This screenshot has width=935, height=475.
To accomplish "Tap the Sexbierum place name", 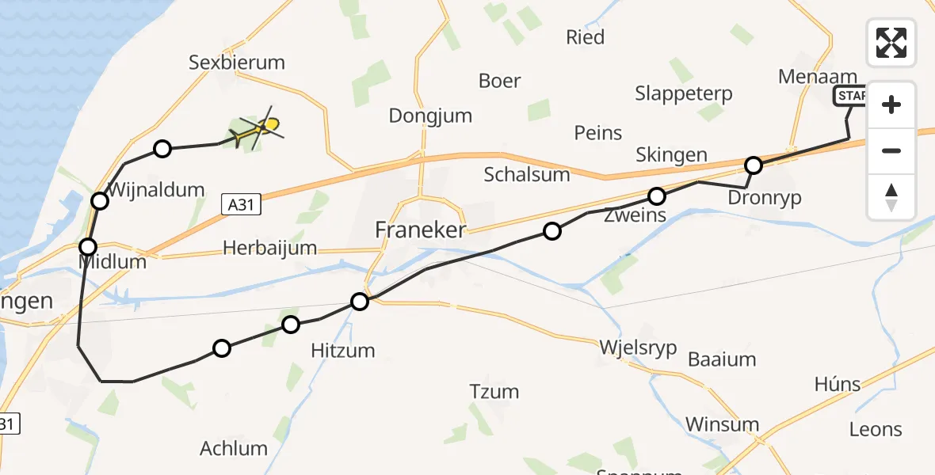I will pyautogui.click(x=236, y=62).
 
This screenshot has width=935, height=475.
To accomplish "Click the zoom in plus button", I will pyautogui.click(x=891, y=105).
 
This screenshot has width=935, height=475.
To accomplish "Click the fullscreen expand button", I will pyautogui.click(x=891, y=43).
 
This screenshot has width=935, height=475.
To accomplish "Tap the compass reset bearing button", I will pyautogui.click(x=891, y=196).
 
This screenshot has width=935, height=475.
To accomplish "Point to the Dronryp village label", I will pyautogui.click(x=765, y=197).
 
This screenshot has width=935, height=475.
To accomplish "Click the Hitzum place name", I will pyautogui.click(x=344, y=350).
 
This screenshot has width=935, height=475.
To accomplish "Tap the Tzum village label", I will pyautogui.click(x=494, y=391).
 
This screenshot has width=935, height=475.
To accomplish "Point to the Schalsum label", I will pyautogui.click(x=528, y=175).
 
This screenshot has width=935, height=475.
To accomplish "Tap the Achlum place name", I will pyautogui.click(x=234, y=448).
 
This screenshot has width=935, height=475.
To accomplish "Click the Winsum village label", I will pyautogui.click(x=722, y=424).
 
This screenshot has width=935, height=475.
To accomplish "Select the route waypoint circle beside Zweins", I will pyautogui.click(x=657, y=196).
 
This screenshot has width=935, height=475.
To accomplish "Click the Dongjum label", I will pyautogui.click(x=430, y=116).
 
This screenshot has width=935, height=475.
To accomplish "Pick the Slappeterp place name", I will pyautogui.click(x=684, y=93).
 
